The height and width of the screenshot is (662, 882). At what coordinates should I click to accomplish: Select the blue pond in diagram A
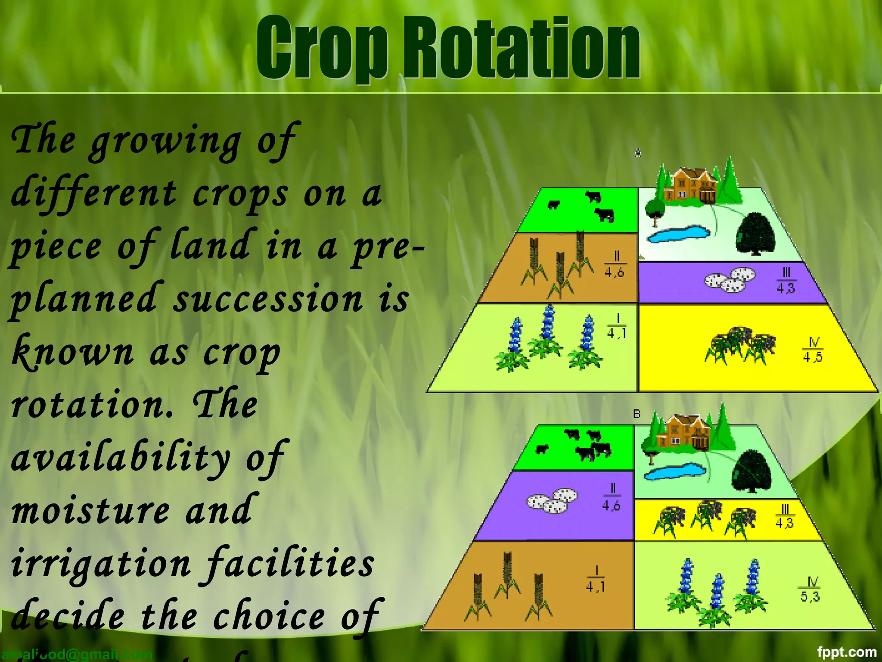point(679,234)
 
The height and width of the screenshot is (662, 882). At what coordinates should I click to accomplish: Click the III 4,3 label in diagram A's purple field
point(786,281)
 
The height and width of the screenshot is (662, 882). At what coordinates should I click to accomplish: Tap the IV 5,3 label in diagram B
point(810,590)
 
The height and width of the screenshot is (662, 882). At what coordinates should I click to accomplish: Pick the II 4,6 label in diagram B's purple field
point(612,498)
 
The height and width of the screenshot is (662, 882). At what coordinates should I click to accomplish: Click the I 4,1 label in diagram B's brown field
point(596,580)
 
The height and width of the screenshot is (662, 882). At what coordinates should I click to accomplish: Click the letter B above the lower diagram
point(637,414)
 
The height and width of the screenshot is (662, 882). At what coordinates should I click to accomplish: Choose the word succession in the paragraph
point(268,299)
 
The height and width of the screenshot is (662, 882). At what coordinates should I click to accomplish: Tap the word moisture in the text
point(90,511)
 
